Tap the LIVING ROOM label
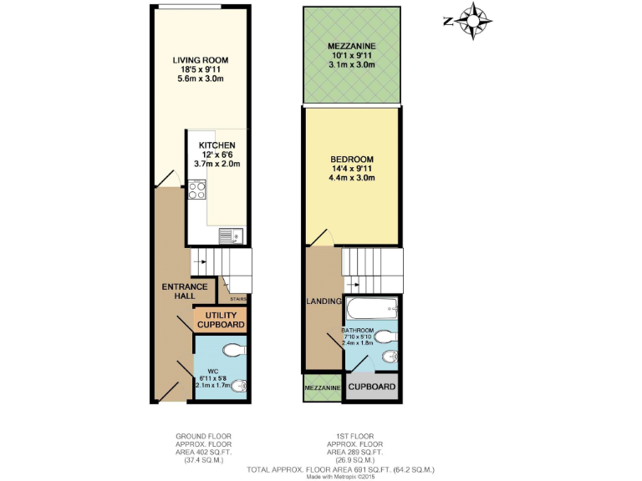(x=201, y=60)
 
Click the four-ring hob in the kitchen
(x=197, y=190)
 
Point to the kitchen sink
(x=230, y=237)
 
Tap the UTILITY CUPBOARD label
(x=221, y=319)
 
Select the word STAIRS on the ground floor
(x=237, y=296)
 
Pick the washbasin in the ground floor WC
(x=239, y=385)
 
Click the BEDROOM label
(x=351, y=159)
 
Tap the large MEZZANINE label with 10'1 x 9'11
(x=351, y=46)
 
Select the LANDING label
(x=323, y=301)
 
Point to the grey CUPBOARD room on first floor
(x=371, y=387)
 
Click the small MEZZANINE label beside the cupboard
(x=322, y=388)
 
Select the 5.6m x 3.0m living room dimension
(x=201, y=79)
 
